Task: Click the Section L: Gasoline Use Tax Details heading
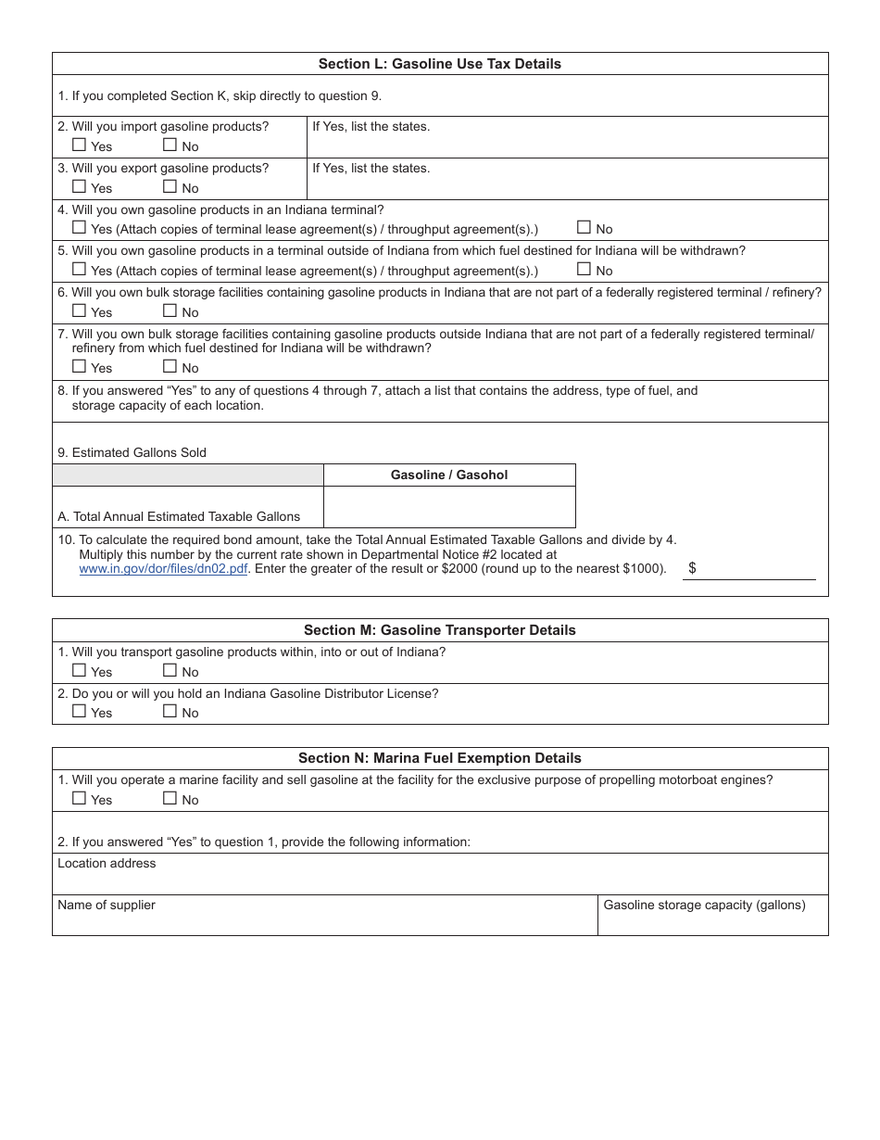click(x=439, y=64)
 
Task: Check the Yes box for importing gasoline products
click(x=80, y=146)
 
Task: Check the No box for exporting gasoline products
click(x=170, y=187)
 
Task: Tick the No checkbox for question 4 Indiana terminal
click(x=584, y=228)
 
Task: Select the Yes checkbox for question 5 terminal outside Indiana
click(x=80, y=270)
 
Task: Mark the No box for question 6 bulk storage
click(x=170, y=311)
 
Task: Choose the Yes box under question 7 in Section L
click(x=80, y=367)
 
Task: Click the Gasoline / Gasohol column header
click(x=449, y=475)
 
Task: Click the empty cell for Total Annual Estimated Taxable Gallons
click(x=449, y=507)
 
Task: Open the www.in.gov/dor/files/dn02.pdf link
click(x=163, y=569)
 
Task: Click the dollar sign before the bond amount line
click(x=692, y=568)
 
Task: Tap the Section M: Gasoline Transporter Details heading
click(x=439, y=630)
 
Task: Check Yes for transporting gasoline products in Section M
click(x=80, y=671)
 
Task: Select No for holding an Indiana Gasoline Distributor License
click(x=170, y=712)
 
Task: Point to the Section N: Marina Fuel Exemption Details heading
click(x=439, y=758)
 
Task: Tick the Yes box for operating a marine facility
click(x=80, y=799)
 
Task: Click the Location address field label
click(x=107, y=864)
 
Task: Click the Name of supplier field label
click(x=107, y=906)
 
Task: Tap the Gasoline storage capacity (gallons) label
click(x=704, y=906)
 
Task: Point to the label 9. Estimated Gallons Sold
click(x=132, y=453)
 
